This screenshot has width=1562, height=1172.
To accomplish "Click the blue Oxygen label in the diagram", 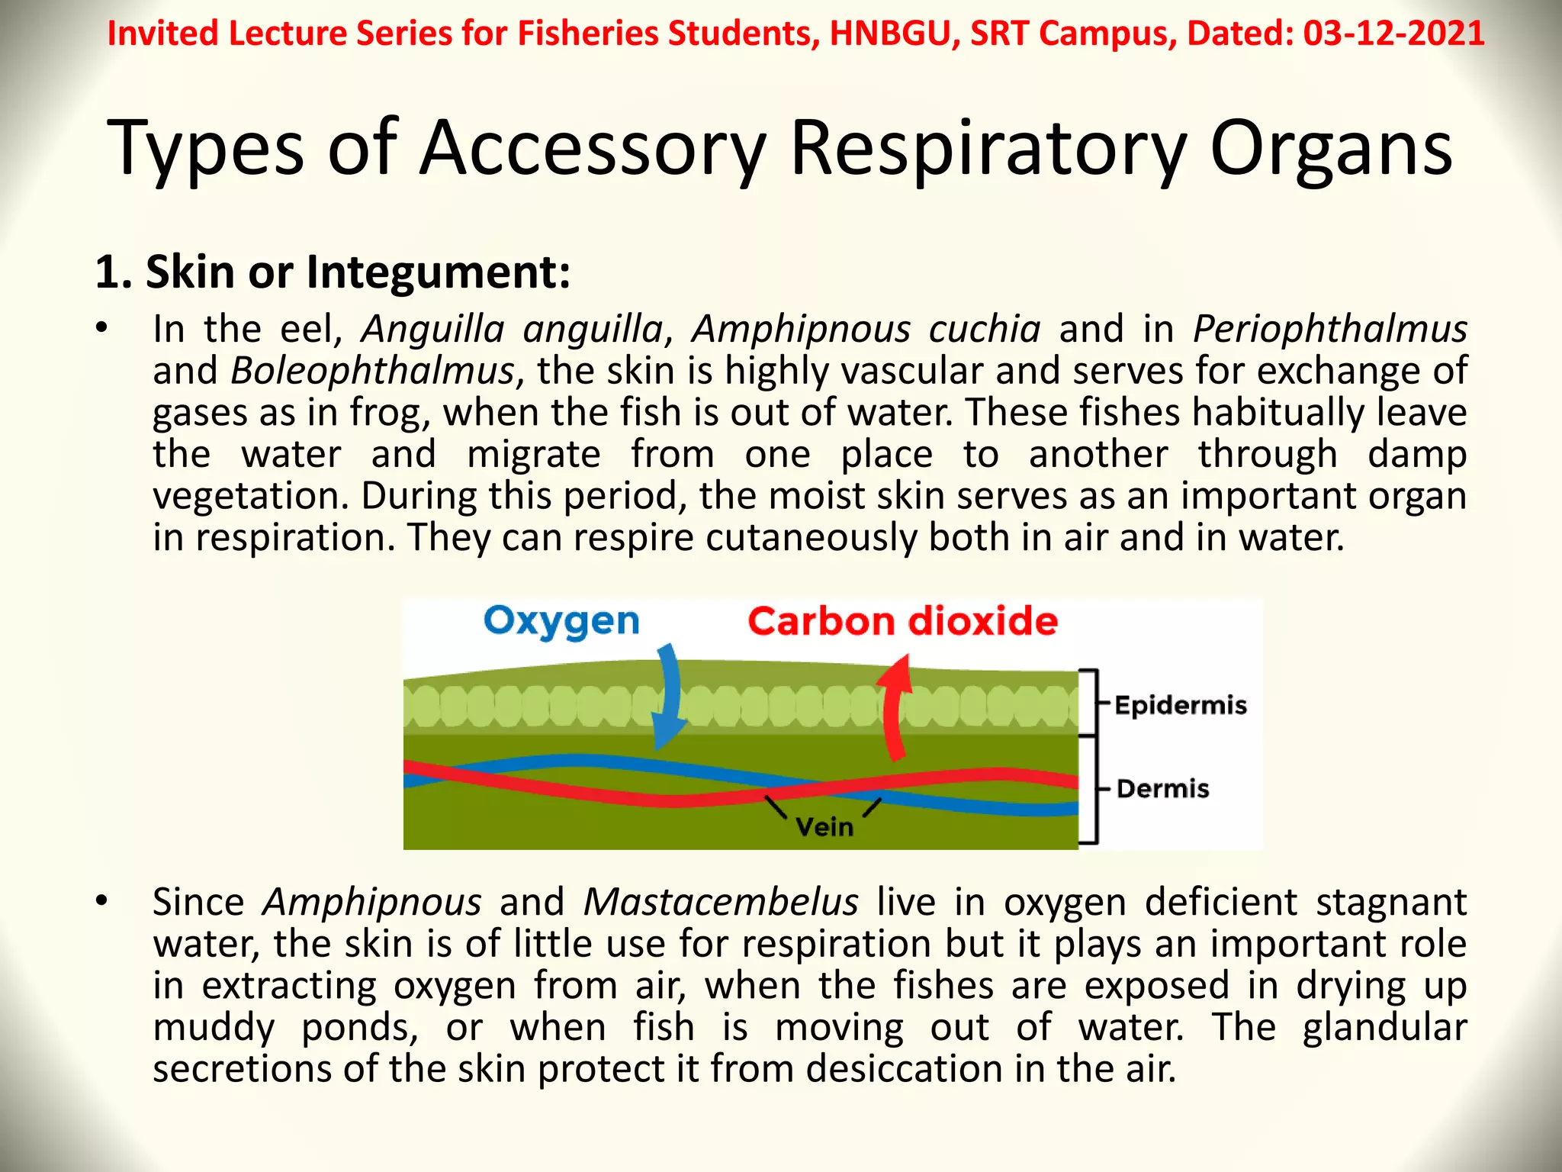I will coord(561,621).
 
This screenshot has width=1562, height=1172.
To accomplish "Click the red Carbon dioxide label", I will coord(902,621).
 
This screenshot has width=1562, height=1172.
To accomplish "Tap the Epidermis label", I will coord(1181,705).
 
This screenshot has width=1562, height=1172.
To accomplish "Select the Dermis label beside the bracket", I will coord(1163,788).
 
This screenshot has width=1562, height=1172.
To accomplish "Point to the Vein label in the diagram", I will coord(824,827).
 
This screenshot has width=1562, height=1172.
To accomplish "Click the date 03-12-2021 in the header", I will coord(1393,34).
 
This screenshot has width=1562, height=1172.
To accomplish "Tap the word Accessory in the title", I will coord(593,148).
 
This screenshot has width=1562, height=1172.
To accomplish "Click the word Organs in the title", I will coord(1331,148).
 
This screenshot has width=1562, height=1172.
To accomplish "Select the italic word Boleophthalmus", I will coord(373,372).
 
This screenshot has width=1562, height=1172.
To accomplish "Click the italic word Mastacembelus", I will coord(721,903).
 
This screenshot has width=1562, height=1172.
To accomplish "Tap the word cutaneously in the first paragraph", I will coord(811,538).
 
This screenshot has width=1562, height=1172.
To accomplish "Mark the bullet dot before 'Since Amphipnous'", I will coord(102,901).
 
